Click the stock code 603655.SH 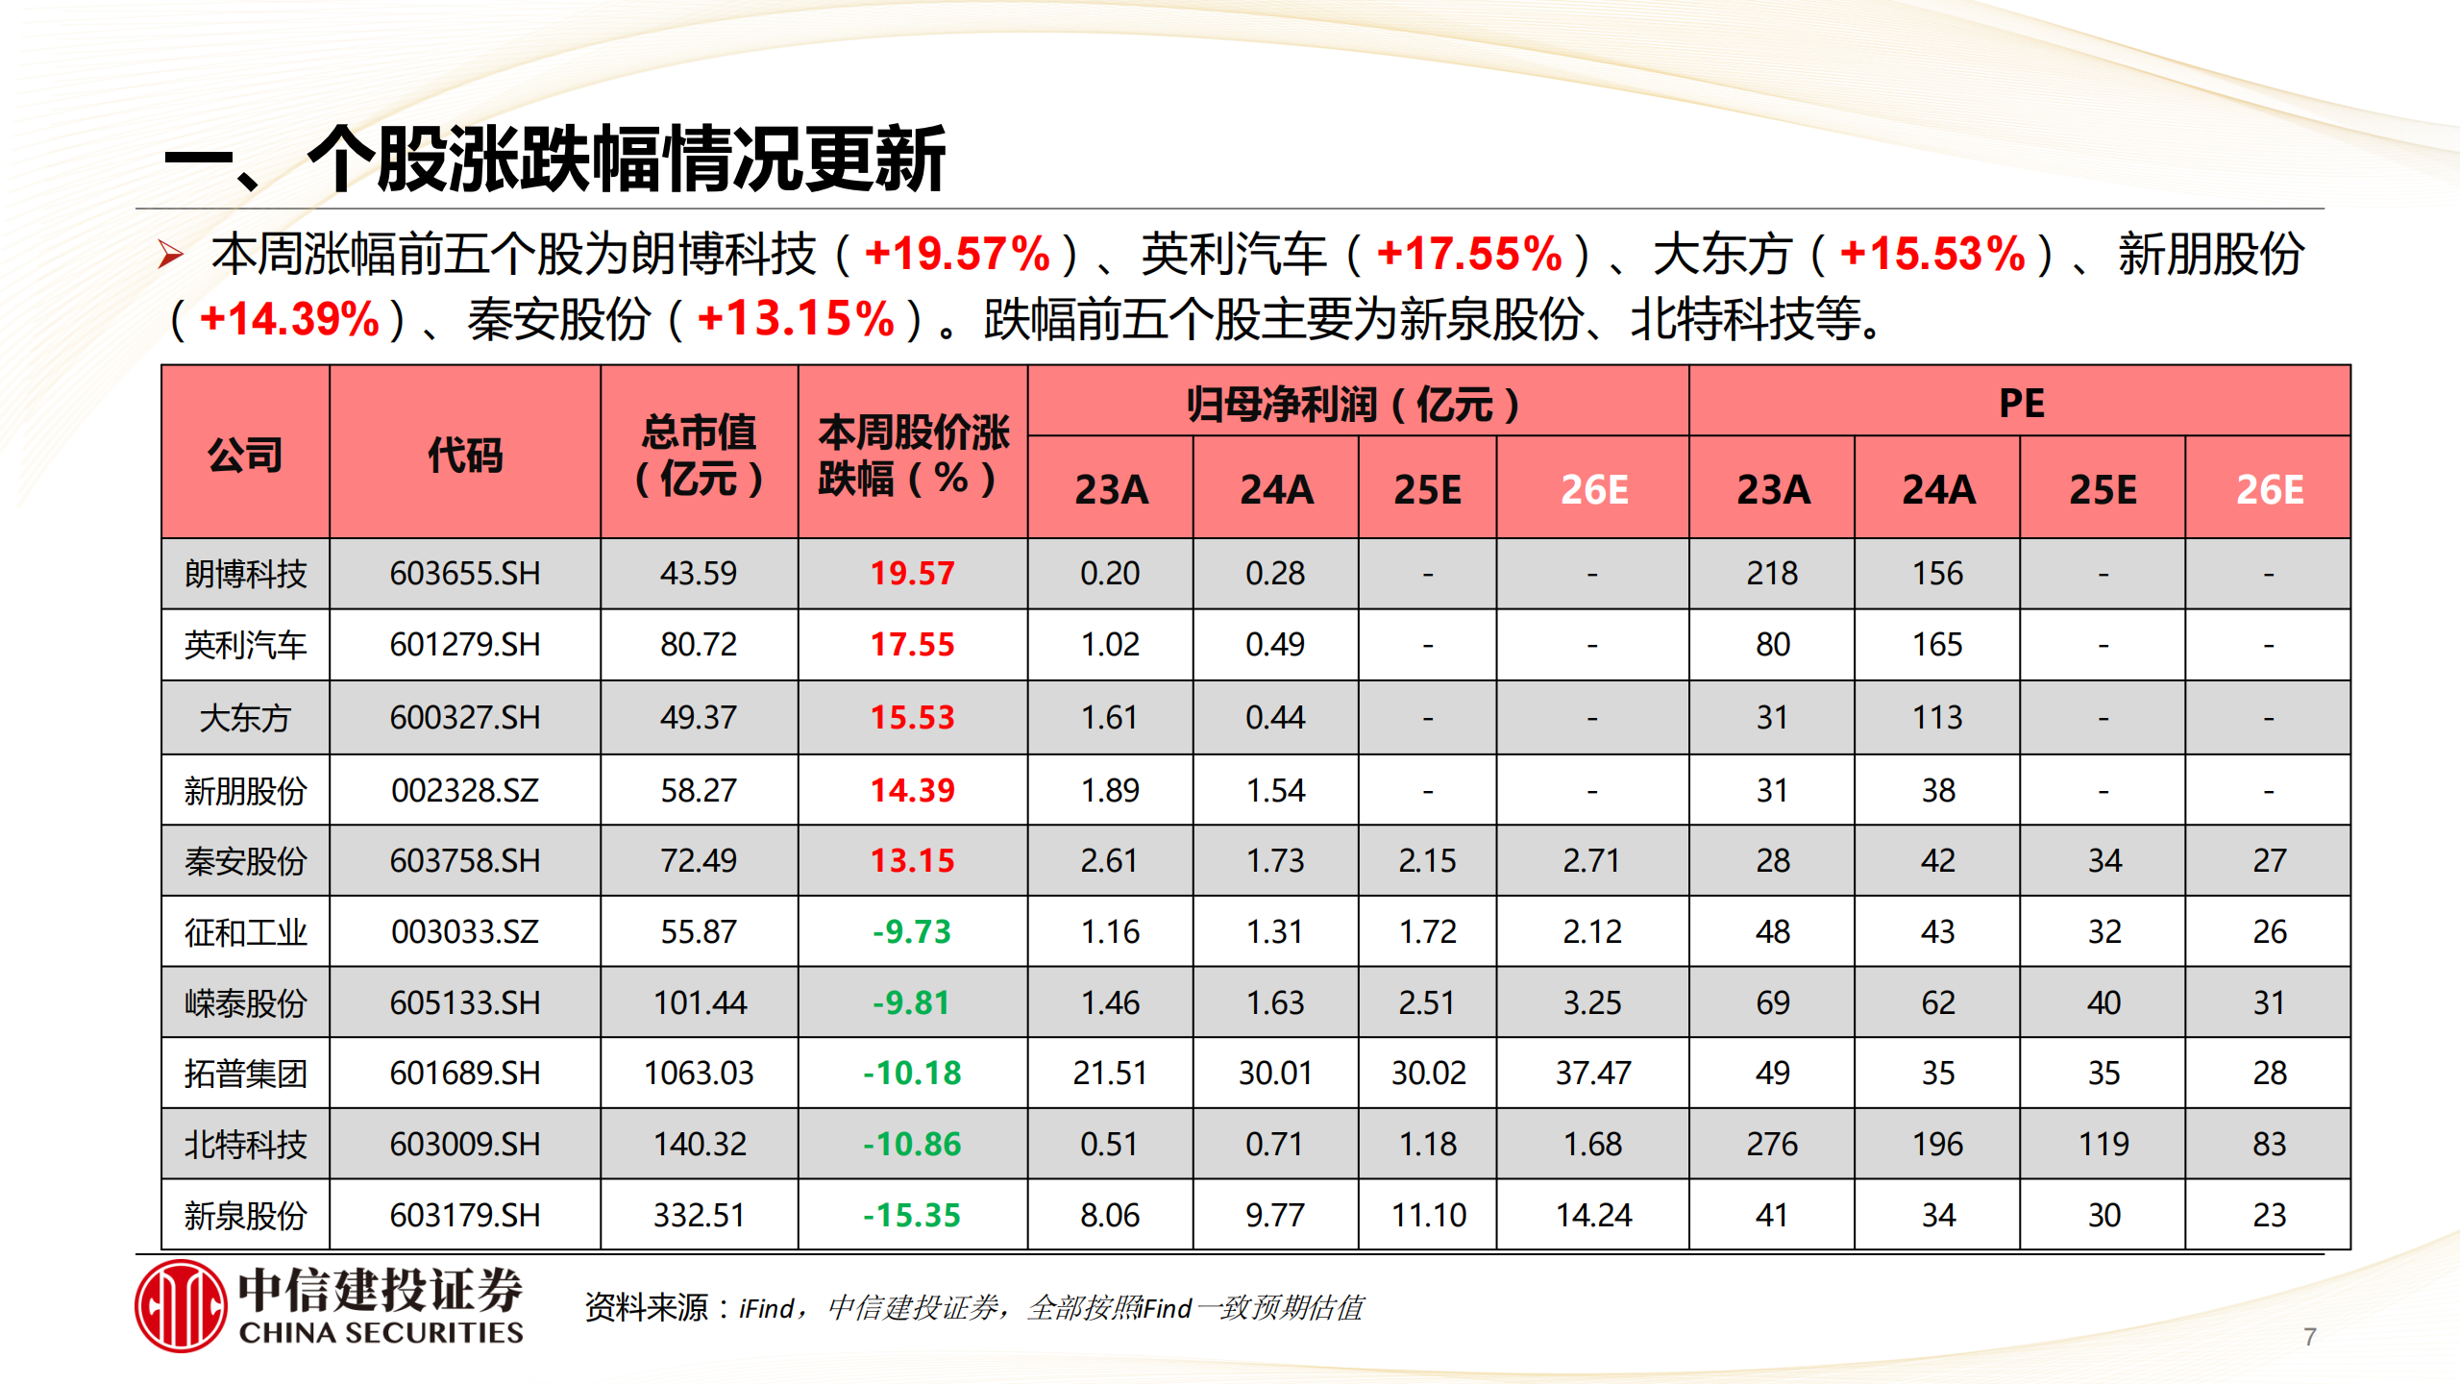coord(465,574)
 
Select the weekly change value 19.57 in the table coord(912,574)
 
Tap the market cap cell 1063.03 coord(699,1073)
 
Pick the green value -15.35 coord(912,1215)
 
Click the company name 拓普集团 coord(245,1073)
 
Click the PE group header coord(2021,403)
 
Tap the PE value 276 coord(1772,1144)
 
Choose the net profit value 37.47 coord(1593,1073)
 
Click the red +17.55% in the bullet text coord(1468,255)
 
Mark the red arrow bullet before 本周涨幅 coord(171,255)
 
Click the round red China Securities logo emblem coord(181,1306)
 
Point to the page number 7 coord(2309,1337)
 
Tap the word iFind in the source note coord(766,1308)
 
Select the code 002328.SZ coord(465,790)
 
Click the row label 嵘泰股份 coord(245,1002)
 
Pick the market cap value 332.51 coord(699,1215)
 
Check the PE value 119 coord(2103,1144)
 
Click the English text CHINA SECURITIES coord(381,1333)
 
